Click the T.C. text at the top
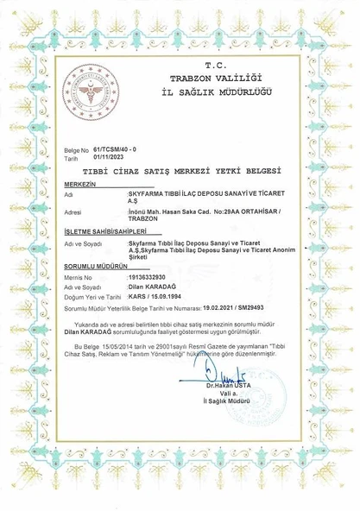click(214, 65)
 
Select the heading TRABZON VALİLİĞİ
click(214, 78)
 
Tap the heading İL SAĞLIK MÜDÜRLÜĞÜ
click(214, 91)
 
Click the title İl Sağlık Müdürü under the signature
click(226, 411)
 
